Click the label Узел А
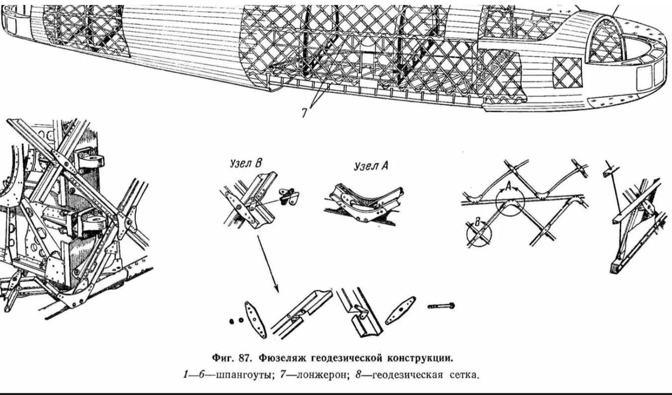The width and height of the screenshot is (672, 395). (371, 167)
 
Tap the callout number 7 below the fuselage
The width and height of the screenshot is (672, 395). (305, 112)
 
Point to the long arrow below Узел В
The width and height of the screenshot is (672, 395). (268, 263)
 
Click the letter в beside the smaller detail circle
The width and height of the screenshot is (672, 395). (478, 223)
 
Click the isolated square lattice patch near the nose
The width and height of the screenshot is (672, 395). (567, 73)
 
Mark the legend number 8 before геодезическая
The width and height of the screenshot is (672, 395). (373, 374)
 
